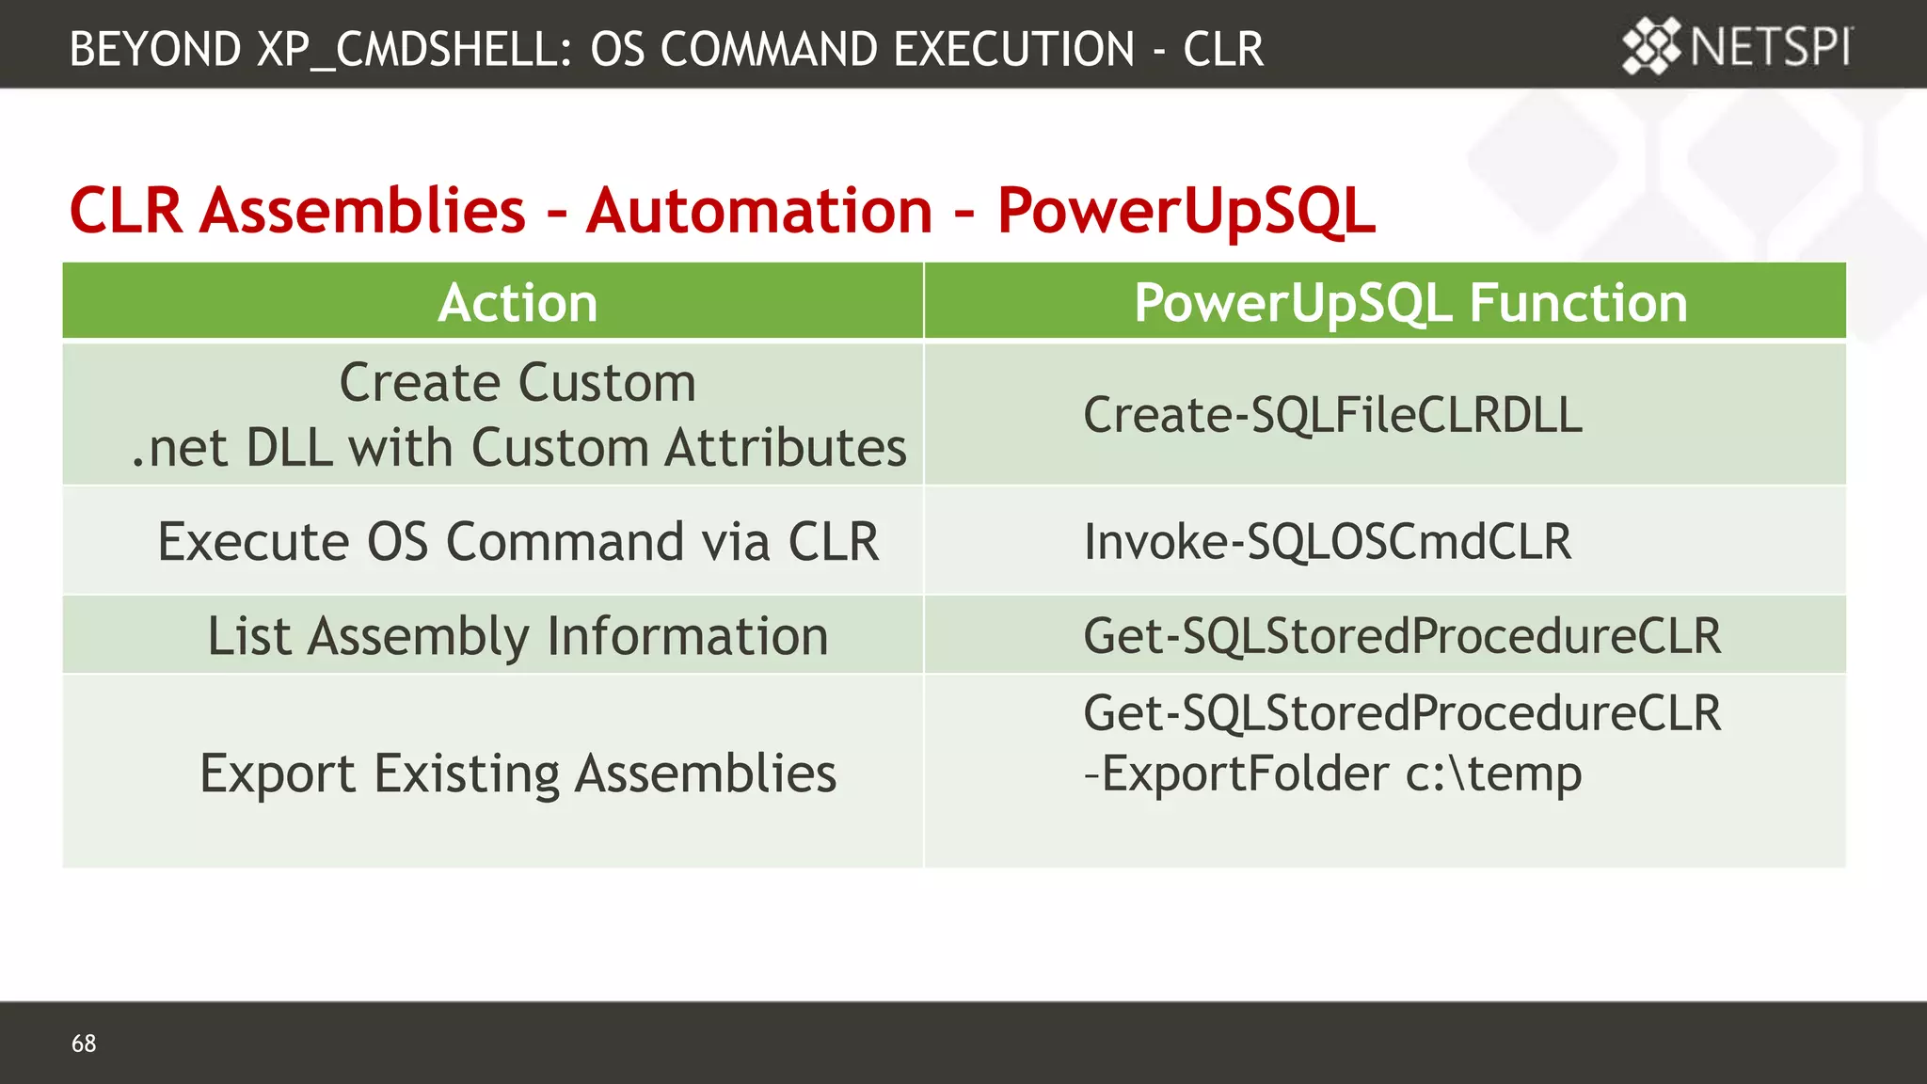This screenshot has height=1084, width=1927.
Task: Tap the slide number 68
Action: coord(84,1043)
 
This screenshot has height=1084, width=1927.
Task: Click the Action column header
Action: coord(518,303)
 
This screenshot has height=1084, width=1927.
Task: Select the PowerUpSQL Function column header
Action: coord(1409,303)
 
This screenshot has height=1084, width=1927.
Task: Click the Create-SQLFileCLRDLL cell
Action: coord(1331,415)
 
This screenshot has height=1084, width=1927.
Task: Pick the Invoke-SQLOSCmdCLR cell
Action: coord(1327,542)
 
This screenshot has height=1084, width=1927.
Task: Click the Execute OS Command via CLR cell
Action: coord(518,542)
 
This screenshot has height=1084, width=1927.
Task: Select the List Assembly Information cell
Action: coord(518,636)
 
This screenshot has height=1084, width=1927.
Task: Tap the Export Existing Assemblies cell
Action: coord(518,773)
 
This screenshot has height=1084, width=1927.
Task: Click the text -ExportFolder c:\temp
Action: coord(1331,774)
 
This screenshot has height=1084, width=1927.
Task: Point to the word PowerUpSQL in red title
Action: coord(1186,211)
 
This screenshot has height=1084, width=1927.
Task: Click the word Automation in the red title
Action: coord(758,211)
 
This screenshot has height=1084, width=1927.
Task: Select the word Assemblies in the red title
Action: coord(363,211)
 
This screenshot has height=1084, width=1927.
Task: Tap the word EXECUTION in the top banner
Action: coord(1013,49)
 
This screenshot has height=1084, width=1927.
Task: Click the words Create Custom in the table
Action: coord(518,383)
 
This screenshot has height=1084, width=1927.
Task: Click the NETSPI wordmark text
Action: coord(1770,46)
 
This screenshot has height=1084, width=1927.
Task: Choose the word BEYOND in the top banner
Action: coord(155,49)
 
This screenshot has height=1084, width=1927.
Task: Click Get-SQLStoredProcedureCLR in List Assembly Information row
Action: coord(1401,636)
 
